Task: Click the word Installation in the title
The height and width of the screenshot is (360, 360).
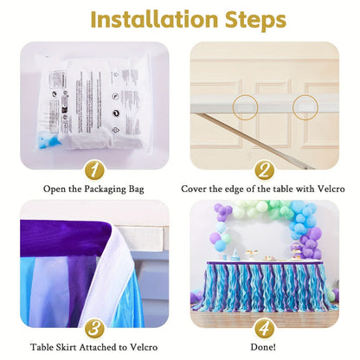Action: [154, 19]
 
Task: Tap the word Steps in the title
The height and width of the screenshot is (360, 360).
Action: [255, 21]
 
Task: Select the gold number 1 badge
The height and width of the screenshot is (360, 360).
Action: [94, 170]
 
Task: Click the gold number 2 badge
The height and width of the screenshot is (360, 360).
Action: [264, 170]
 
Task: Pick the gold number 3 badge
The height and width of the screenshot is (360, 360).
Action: [94, 328]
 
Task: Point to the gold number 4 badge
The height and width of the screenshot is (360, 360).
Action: [264, 328]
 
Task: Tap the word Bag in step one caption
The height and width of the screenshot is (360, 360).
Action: [137, 190]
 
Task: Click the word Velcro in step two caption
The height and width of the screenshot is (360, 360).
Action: [331, 189]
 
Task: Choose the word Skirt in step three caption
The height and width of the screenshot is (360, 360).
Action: [67, 347]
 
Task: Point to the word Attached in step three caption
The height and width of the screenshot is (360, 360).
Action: [99, 347]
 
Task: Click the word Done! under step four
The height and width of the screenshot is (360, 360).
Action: [263, 347]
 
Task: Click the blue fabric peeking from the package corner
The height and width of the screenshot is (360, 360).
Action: [48, 140]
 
